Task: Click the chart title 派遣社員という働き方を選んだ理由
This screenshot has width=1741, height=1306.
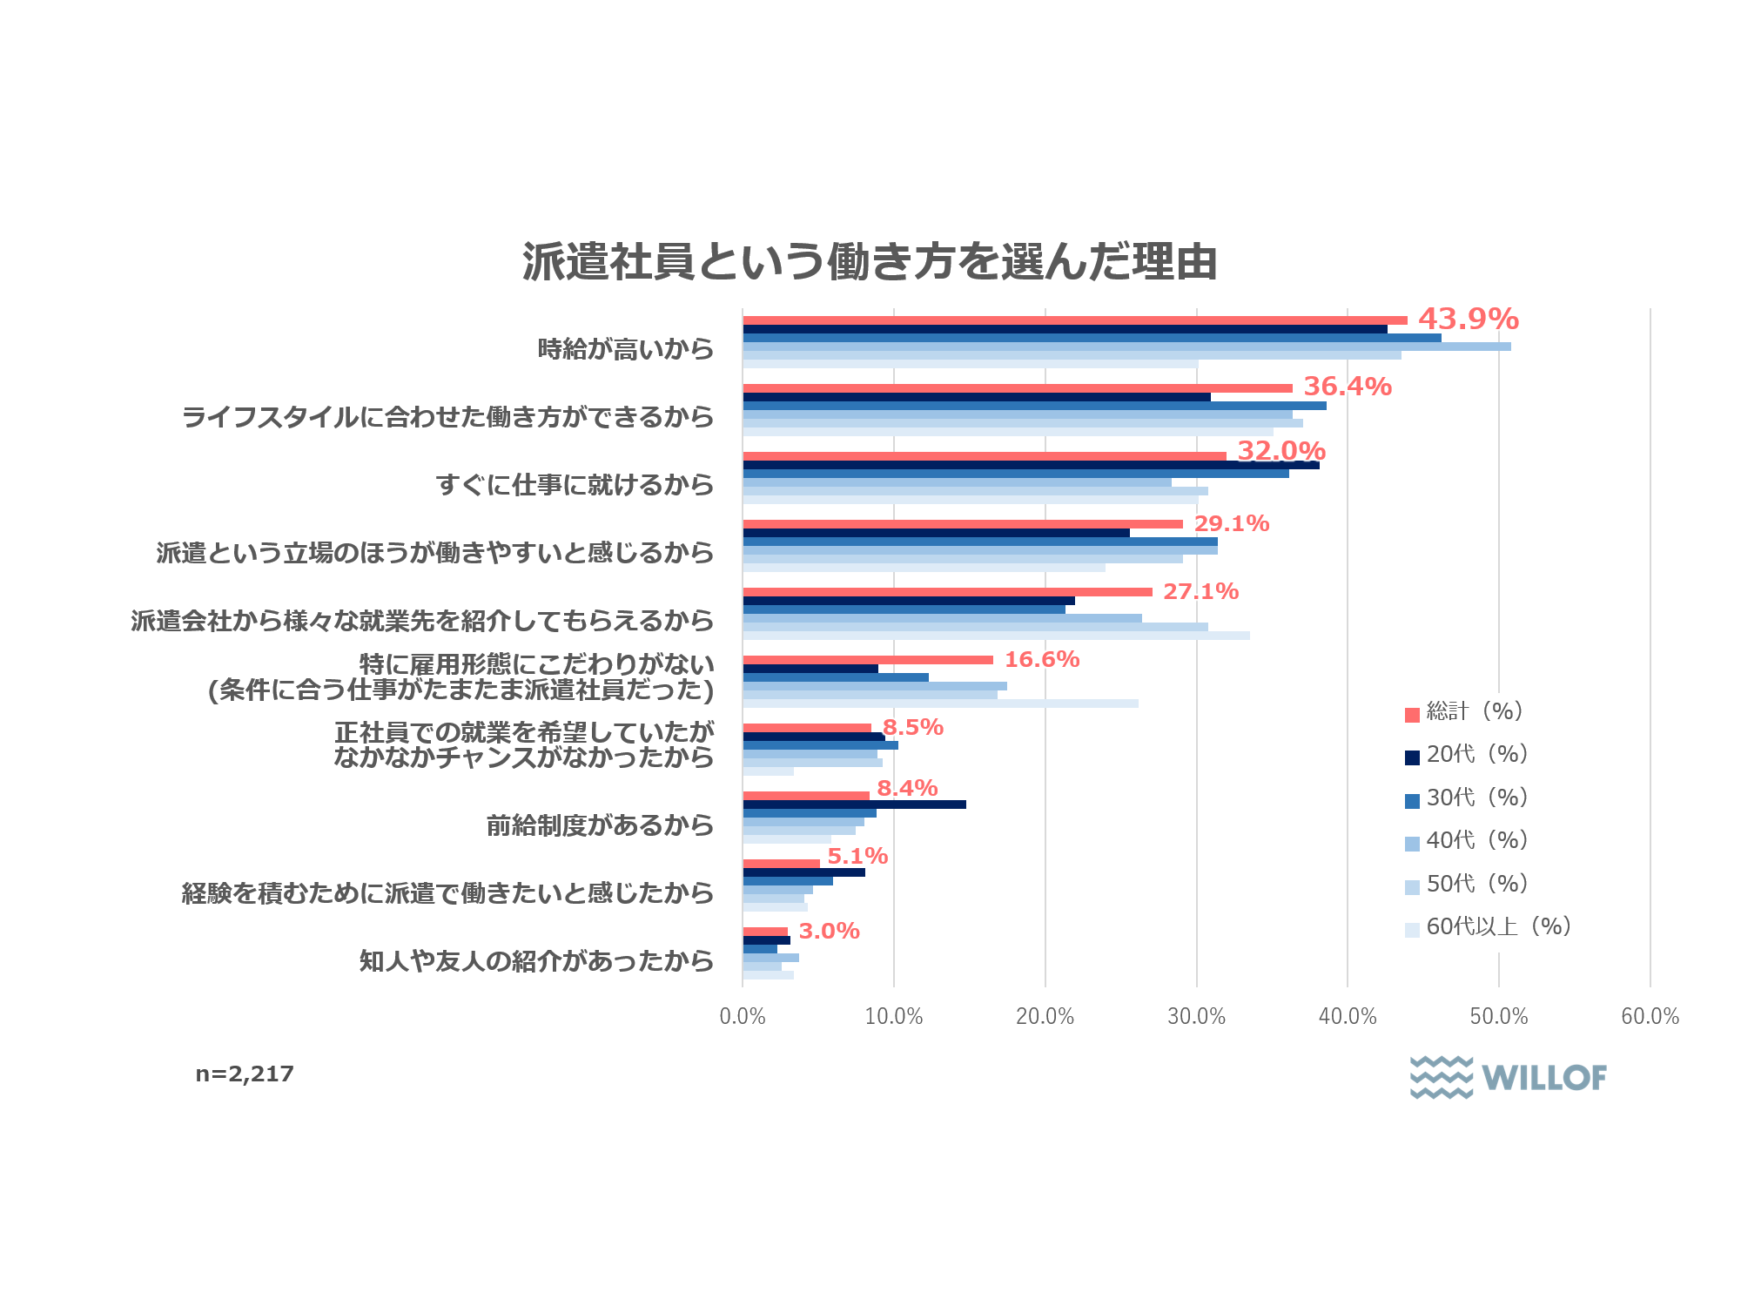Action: [x=870, y=262]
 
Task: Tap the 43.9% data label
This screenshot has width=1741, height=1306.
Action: [x=1468, y=320]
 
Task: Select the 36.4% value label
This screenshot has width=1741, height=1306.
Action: [x=1347, y=387]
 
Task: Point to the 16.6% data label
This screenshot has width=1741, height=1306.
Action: [x=1041, y=660]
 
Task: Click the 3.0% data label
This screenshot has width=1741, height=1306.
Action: [x=829, y=932]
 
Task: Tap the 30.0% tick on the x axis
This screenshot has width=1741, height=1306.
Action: [x=1196, y=1017]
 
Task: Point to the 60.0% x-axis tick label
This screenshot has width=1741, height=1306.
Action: [x=1650, y=1017]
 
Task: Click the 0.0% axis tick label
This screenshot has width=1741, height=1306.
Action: [x=743, y=1017]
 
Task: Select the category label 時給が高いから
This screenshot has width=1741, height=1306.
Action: [x=625, y=350]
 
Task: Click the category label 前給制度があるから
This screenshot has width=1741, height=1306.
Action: [x=600, y=825]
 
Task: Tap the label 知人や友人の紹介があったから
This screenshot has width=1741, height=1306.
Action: [x=536, y=961]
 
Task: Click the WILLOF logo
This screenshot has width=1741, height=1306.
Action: [x=1508, y=1078]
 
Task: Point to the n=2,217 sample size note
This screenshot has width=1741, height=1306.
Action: [x=245, y=1074]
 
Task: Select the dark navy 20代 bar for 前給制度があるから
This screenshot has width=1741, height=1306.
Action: [x=854, y=804]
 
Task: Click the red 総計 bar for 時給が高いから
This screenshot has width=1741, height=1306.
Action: [x=1074, y=320]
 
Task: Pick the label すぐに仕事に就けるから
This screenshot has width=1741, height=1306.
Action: [x=575, y=485]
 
